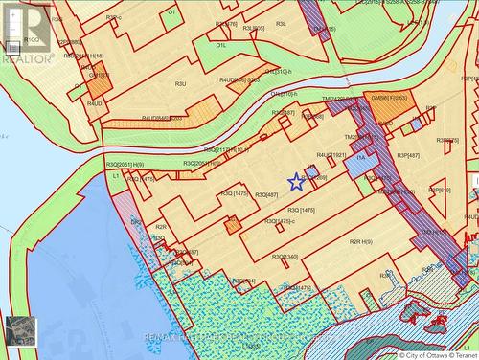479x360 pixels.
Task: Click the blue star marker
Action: coord(296,181)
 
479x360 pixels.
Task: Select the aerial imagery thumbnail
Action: coord(20,330)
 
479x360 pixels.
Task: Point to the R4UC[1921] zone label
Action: coord(331,155)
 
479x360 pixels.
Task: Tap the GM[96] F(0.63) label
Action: coord(389,98)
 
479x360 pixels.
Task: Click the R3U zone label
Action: coord(179,84)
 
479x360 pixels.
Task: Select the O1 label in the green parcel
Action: coord(172,12)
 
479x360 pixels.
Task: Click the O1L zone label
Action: coord(221,45)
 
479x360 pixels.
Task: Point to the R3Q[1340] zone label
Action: coord(285,257)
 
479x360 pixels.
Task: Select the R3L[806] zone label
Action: coord(253,28)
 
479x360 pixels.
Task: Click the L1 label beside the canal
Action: coord(116,176)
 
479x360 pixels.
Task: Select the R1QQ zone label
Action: coord(34,40)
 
